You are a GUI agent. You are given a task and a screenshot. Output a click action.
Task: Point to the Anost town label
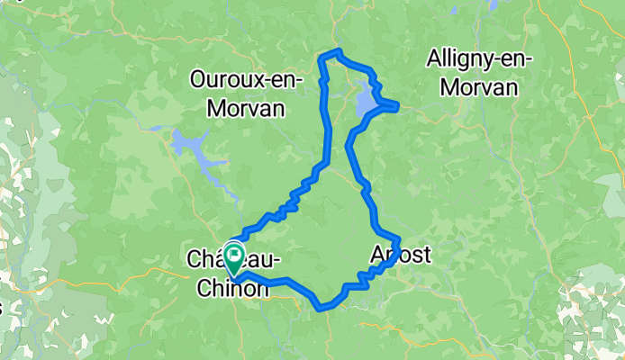pyautogui.click(x=401, y=256)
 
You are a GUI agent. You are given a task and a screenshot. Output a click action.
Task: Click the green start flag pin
pyautogui.click(x=234, y=255)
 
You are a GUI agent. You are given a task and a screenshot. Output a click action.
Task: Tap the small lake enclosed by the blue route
pyautogui.click(x=367, y=102)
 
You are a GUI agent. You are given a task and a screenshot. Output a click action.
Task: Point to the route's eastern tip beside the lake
pyautogui.click(x=397, y=107)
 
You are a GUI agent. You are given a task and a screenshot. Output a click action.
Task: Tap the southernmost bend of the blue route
pyautogui.click(x=321, y=307)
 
